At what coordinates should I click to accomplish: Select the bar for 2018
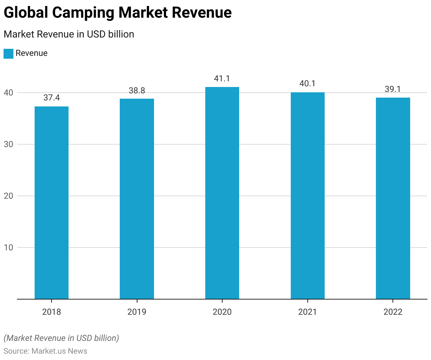(52, 203)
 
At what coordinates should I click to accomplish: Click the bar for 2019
(137, 199)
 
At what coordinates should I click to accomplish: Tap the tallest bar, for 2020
(222, 193)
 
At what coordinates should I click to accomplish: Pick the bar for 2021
(307, 196)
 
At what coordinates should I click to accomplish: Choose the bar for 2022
(393, 198)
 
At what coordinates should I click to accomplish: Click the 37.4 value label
(52, 98)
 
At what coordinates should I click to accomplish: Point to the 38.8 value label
(137, 91)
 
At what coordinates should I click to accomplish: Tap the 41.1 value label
(222, 79)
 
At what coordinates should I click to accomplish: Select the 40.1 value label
(307, 83)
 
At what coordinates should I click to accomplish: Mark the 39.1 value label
(393, 89)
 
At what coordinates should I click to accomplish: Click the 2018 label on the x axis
(52, 312)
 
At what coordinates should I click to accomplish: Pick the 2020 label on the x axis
(222, 312)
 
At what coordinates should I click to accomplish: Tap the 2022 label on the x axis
(393, 312)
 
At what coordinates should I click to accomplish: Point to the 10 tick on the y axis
(8, 248)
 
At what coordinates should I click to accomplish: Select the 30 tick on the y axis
(8, 144)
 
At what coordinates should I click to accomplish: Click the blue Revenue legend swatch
(8, 53)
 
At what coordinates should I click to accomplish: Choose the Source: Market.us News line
(45, 351)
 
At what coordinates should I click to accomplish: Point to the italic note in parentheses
(61, 338)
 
